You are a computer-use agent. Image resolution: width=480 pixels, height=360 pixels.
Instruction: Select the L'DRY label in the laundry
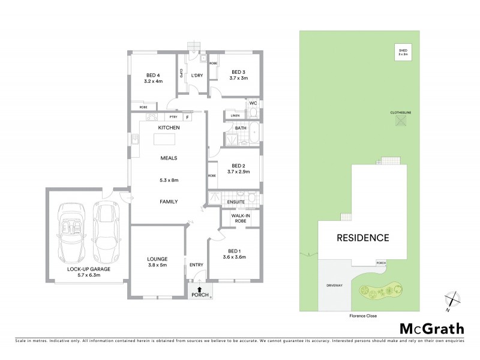coord(196,75)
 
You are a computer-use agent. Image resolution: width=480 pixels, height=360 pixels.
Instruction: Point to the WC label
coord(253,103)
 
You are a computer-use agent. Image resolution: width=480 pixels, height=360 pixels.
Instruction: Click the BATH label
coord(241,128)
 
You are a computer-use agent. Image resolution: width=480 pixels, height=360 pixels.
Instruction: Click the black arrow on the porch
coord(196,289)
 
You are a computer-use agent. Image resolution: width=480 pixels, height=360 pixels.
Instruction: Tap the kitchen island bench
coord(166,140)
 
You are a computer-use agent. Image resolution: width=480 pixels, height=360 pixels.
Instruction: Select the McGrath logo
coord(431,328)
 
